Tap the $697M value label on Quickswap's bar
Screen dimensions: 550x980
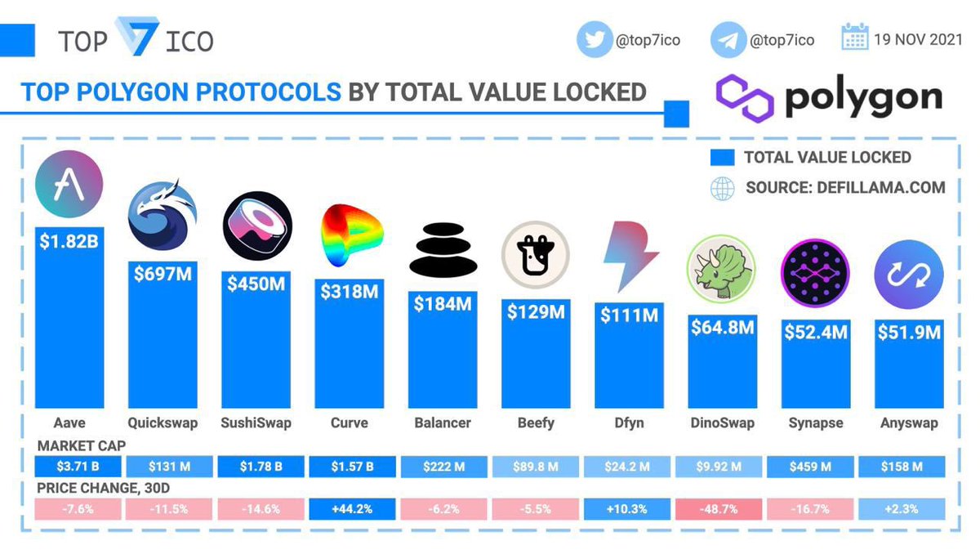pos(163,274)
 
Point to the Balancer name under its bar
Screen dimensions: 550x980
pos(443,423)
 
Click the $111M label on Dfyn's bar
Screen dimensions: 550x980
pos(628,315)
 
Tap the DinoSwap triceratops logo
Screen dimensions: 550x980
pos(722,267)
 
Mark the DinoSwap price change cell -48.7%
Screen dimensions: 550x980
pos(722,508)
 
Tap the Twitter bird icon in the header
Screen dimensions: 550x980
pos(594,40)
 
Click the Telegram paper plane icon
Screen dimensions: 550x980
pos(727,40)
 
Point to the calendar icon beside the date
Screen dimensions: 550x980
pos(854,38)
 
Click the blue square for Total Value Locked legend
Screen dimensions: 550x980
pos(723,158)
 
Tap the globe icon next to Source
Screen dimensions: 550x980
pos(723,188)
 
